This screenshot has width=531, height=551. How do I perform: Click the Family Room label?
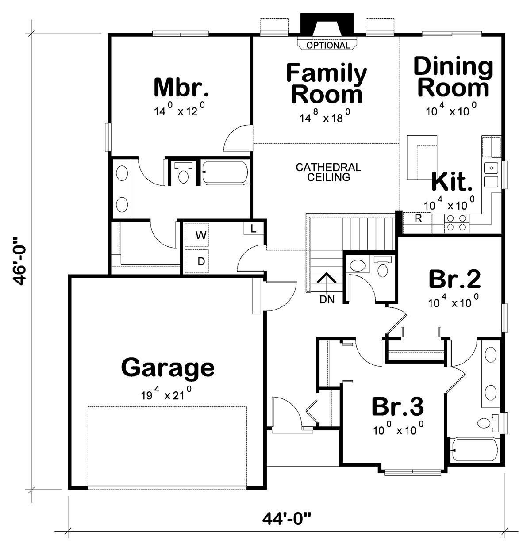[x=326, y=84]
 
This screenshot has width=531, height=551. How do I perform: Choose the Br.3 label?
[x=397, y=407]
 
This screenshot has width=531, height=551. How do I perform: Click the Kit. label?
[x=451, y=181]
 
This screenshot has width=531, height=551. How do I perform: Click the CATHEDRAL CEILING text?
[x=328, y=172]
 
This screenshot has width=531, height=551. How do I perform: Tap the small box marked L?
[x=253, y=229]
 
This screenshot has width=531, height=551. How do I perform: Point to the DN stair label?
[x=327, y=299]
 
